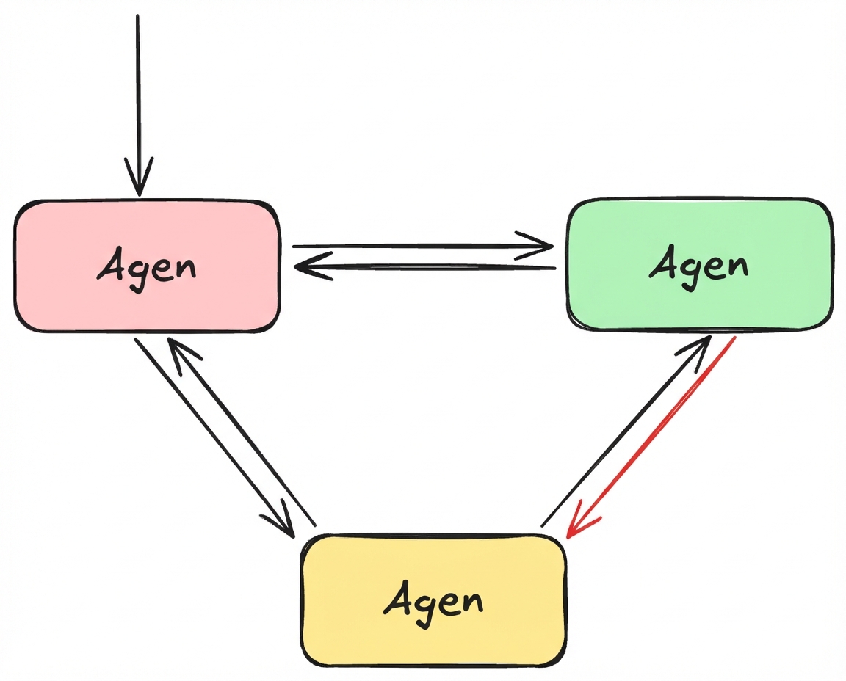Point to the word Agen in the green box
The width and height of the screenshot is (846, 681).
coord(698,264)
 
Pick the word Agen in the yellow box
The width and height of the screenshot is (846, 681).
coord(433,602)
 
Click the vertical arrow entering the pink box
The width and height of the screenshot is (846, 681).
coord(138,88)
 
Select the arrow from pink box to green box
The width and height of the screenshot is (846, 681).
coord(411,247)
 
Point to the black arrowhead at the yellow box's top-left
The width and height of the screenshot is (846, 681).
coord(283,524)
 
